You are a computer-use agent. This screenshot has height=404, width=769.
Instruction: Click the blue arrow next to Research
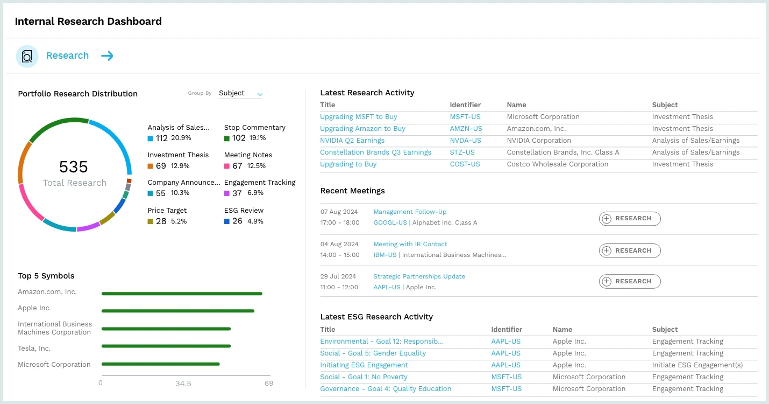pos(107,56)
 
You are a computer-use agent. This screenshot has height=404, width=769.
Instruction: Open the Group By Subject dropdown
pos(240,93)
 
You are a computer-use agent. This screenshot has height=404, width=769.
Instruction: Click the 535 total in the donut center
pos(74,166)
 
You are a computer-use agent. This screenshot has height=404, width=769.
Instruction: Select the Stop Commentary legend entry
pos(254,128)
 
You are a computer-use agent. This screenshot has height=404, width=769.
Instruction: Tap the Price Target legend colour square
pos(151,221)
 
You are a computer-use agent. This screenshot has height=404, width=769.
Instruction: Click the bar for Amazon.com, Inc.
pos(182,294)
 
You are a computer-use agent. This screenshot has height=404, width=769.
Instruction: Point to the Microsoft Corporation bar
pos(160,364)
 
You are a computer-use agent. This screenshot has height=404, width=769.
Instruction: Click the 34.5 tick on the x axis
pos(183,384)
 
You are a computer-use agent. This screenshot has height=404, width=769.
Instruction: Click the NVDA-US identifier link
pos(465,141)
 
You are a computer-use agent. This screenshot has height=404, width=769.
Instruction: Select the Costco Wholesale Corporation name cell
pos(557,164)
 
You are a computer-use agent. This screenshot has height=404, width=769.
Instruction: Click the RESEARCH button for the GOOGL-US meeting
pos(630,219)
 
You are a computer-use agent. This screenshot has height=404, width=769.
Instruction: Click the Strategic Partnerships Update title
pos(419,276)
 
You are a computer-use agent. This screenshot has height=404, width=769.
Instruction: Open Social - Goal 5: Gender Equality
pos(373,353)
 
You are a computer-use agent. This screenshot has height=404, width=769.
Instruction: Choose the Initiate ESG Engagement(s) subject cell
pos(697,365)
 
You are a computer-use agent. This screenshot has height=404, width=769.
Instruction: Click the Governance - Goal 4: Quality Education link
pos(385,389)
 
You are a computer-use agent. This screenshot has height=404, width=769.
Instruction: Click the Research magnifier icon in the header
pos(27,56)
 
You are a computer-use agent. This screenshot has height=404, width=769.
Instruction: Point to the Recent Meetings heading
pos(352,191)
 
